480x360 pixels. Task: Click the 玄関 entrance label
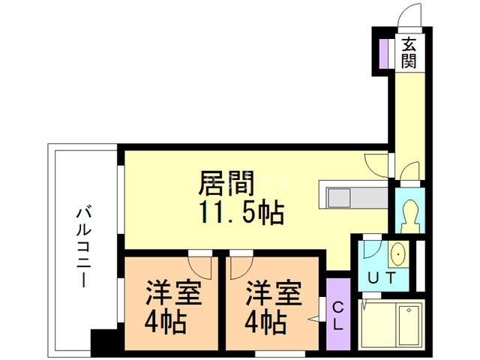(409, 52)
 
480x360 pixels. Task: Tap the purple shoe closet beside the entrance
(383, 52)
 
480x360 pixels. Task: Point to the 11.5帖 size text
(241, 214)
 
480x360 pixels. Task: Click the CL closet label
(337, 314)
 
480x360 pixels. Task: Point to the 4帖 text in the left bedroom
(166, 323)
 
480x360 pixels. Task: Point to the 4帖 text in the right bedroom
(266, 323)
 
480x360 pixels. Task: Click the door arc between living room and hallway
(374, 163)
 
